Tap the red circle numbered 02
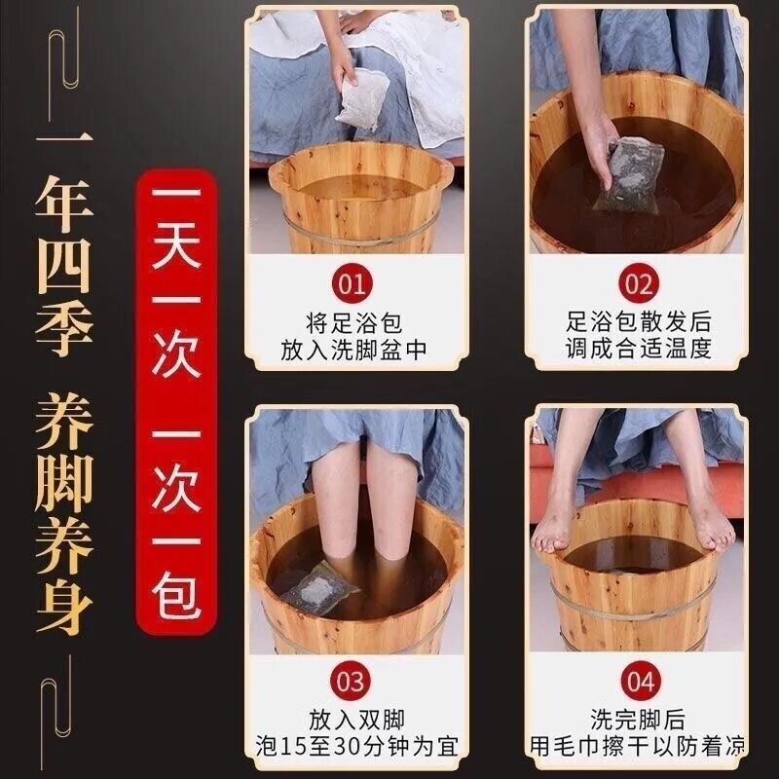638,284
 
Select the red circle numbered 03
351,682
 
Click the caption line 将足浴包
353,323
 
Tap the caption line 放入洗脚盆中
353,350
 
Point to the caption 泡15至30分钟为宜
356,746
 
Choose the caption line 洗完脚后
638,719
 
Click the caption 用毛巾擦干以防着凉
638,746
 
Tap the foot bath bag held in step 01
359,100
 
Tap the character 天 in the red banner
176,246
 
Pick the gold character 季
63,329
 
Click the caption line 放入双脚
356,720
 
